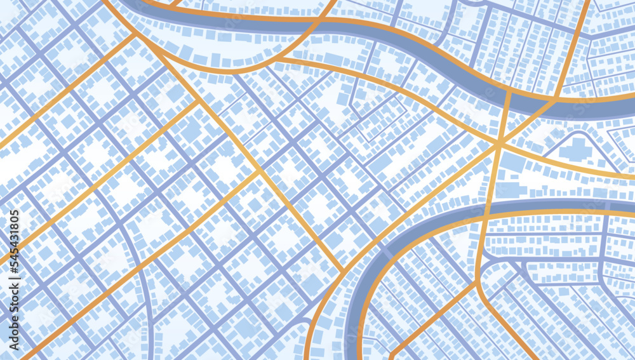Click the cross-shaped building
pos(577,150)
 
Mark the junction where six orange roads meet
pos(500,145)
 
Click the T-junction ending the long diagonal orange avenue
pos(344,271)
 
